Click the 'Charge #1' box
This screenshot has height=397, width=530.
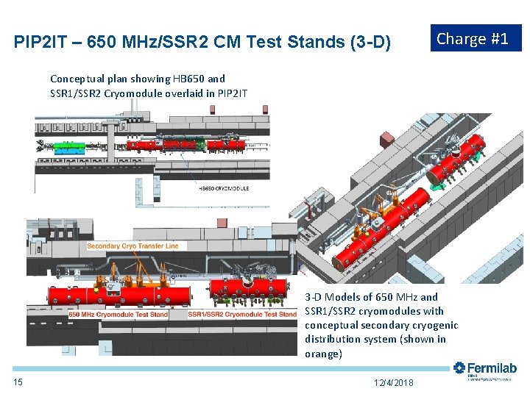pos(475,38)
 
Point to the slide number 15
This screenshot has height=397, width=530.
pos(18,382)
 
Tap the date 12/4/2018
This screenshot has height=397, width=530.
pos(394,382)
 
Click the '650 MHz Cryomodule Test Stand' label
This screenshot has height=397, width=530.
pos(119,315)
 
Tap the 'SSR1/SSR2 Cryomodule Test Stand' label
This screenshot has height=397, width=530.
pos(242,315)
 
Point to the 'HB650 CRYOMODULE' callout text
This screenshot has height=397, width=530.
pos(224,188)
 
